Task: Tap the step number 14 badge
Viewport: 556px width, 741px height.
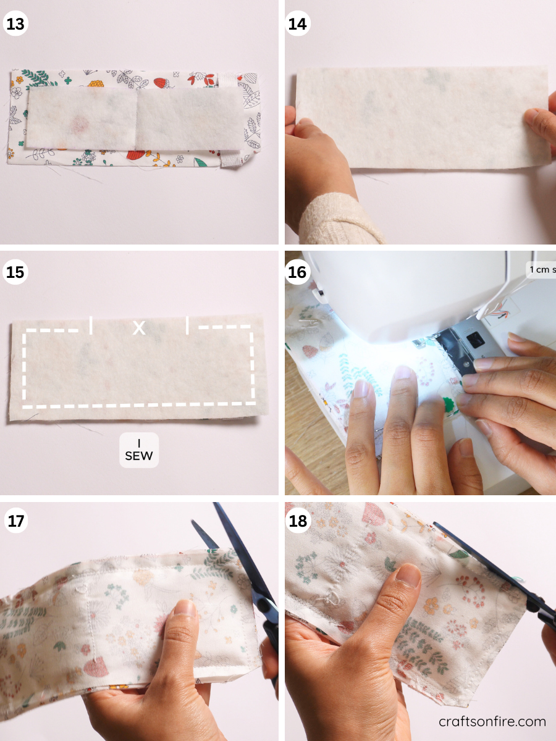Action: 298,25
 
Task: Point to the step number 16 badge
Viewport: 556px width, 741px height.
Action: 298,272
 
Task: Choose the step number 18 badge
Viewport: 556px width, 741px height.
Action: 298,521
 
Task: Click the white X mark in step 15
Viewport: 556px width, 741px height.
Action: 140,328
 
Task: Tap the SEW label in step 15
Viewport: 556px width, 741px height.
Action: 139,450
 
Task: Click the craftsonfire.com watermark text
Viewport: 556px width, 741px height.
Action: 492,721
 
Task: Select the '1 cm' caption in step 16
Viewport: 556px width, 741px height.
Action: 541,270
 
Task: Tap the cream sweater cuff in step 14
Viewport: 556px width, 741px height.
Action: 337,219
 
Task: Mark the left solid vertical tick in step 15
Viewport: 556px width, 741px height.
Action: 91,325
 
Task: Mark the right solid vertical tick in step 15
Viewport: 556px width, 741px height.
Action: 187,325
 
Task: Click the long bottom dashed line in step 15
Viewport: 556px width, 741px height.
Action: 139,406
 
